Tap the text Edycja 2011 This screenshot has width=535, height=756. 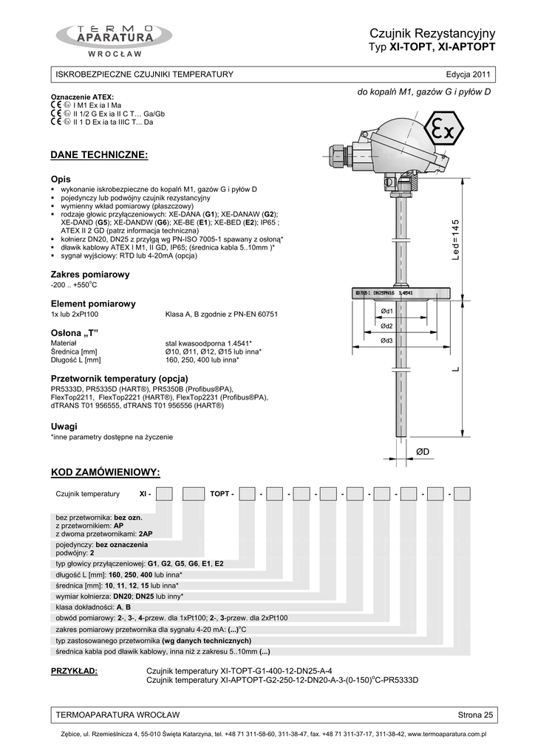click(x=467, y=75)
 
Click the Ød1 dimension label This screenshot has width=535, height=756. click(x=386, y=312)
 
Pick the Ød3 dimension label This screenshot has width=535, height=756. click(x=386, y=340)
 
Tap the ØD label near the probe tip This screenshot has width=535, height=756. click(x=423, y=450)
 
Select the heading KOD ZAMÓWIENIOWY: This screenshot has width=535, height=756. click(x=104, y=472)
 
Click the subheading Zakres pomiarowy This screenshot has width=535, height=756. click(x=89, y=275)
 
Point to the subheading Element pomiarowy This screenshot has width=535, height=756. click(x=92, y=303)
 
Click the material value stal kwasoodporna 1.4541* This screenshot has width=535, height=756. click(x=209, y=343)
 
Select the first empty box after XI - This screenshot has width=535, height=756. click(x=164, y=493)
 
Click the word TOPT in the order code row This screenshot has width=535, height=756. click(x=220, y=493)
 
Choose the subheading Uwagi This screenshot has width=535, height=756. click(x=64, y=427)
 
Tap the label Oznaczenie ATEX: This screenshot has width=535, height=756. click(x=82, y=97)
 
